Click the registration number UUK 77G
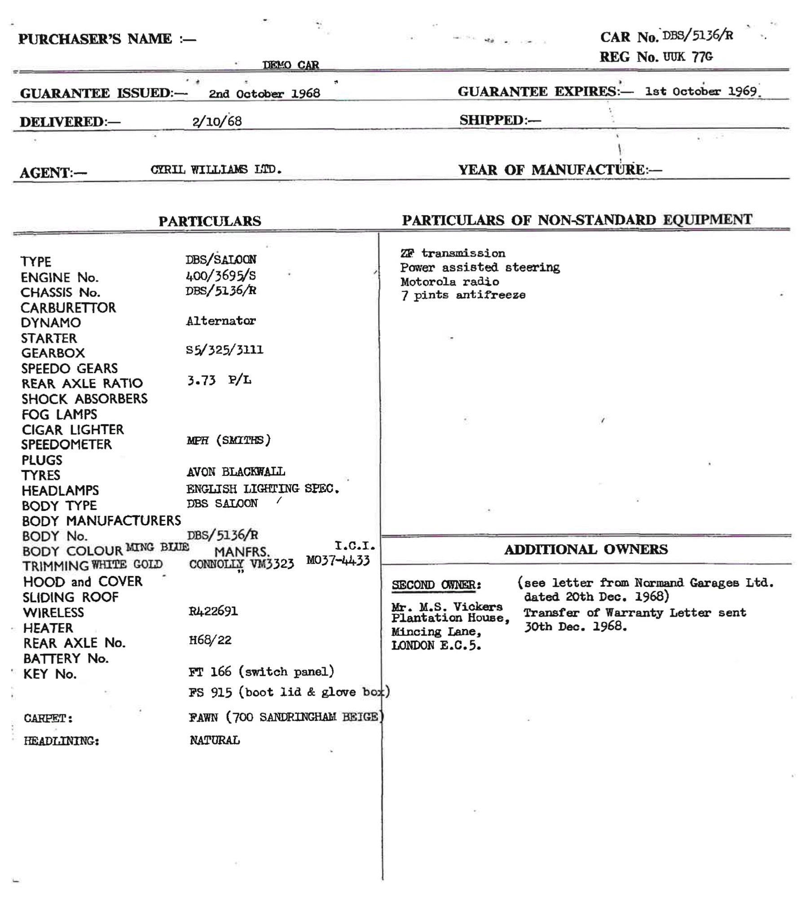(687, 57)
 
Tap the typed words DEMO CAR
(290, 65)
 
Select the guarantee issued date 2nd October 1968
(264, 93)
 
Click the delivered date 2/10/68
(217, 121)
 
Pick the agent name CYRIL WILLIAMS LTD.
(216, 170)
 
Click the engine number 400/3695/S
(220, 275)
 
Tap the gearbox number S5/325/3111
(224, 350)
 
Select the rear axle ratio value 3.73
(201, 381)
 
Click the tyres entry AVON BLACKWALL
(236, 471)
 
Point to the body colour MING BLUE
(157, 547)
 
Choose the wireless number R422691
(213, 611)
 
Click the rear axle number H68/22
(210, 640)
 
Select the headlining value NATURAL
(215, 740)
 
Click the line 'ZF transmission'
(453, 253)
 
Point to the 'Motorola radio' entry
(449, 281)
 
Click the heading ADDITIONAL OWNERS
(585, 549)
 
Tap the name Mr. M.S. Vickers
(447, 607)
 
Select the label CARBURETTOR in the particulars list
(68, 308)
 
